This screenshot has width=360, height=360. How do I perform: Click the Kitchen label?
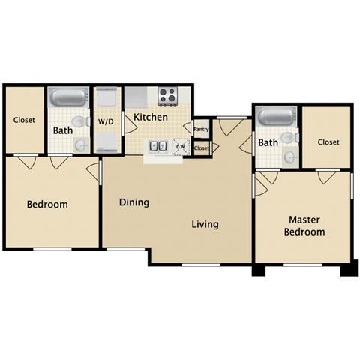(151, 117)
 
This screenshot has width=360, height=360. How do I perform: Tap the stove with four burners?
(167, 95)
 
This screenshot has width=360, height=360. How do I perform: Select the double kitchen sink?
(157, 146)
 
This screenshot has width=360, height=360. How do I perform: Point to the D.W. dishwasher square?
(180, 146)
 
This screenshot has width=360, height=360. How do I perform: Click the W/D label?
(106, 121)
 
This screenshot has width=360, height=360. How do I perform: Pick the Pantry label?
(201, 129)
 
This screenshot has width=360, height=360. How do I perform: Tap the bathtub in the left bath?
(69, 98)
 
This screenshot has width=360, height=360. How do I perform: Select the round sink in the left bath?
(81, 145)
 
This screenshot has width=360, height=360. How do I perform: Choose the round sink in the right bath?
(289, 157)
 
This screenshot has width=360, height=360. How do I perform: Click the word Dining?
(134, 202)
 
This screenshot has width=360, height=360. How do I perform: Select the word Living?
(205, 224)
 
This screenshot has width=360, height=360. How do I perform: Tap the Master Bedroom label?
(304, 226)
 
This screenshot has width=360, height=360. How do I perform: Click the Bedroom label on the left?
(47, 205)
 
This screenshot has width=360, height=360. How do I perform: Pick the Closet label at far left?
(25, 120)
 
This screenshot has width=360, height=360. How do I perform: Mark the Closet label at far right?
(328, 142)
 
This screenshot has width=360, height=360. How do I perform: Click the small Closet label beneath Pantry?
(201, 148)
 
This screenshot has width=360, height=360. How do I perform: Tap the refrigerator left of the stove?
(136, 97)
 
